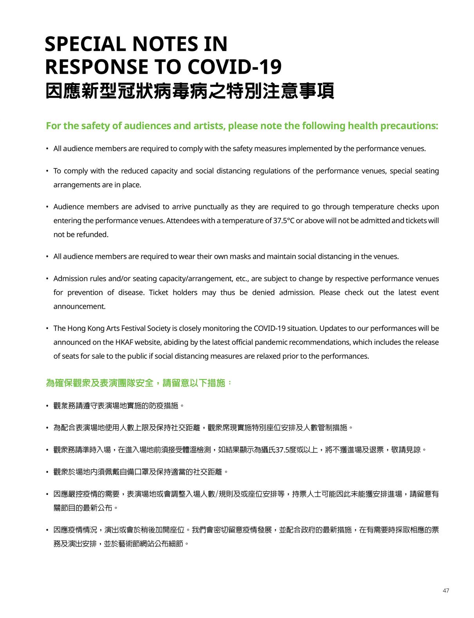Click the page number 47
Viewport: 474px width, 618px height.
click(x=446, y=591)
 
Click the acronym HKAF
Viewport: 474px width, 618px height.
click(x=124, y=342)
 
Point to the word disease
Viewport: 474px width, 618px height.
click(x=131, y=293)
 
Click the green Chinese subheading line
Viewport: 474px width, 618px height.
click(x=139, y=383)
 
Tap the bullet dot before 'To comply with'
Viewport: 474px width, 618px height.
click(x=47, y=171)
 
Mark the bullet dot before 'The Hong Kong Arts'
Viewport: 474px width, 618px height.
click(x=47, y=328)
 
